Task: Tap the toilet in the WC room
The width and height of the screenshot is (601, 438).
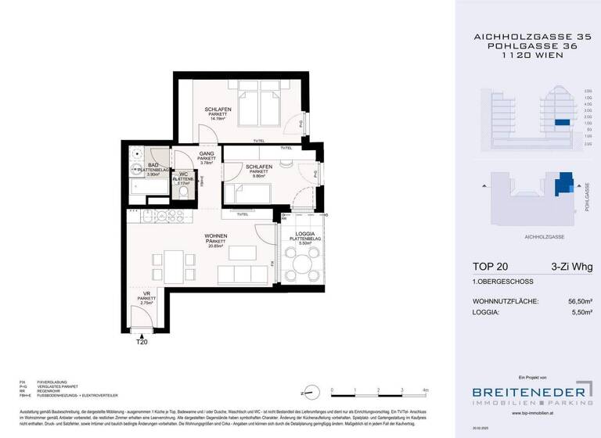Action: coord(183,192)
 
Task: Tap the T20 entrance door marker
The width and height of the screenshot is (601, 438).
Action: coord(142,341)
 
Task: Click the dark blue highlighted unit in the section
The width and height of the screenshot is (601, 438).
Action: coord(560,122)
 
